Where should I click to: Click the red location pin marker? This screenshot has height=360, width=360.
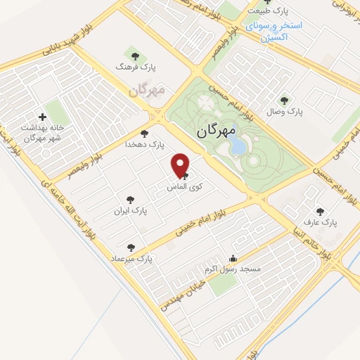click(x=181, y=165)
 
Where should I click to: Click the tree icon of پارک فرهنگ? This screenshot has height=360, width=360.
click(x=134, y=55)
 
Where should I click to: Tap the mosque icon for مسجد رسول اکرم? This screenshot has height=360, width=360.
click(x=233, y=259)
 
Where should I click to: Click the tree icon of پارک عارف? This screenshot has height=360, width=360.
click(x=321, y=211)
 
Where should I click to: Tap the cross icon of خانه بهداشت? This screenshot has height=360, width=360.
click(x=43, y=117)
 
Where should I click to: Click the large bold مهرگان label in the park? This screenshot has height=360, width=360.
click(x=214, y=129)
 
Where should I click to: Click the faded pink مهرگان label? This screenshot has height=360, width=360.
click(x=146, y=91)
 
